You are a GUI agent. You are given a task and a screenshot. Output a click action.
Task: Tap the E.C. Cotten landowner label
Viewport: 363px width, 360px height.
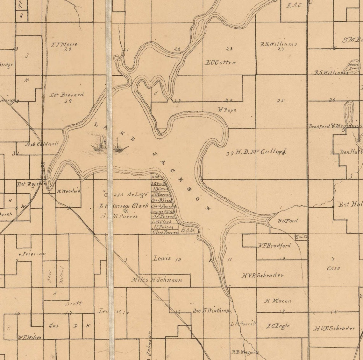[221, 63]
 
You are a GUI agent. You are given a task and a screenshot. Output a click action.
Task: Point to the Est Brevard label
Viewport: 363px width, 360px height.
[67, 95]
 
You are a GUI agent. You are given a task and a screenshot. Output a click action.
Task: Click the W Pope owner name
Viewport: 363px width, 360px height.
[227, 110]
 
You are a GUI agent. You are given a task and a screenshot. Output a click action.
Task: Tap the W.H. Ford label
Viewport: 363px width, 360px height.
[288, 221]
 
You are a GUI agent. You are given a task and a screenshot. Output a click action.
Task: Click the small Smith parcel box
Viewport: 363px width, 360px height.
[301, 237]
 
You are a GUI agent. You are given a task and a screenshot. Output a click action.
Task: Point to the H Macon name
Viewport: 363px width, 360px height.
[278, 301]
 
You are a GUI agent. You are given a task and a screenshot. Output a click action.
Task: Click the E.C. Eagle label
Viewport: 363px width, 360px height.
[278, 326]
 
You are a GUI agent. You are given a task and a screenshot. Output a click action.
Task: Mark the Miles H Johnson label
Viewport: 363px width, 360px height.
[157, 280]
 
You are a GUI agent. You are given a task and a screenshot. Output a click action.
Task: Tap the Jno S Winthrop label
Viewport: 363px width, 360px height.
[211, 311]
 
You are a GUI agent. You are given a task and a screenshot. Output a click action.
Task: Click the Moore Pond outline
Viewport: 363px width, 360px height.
[353, 66]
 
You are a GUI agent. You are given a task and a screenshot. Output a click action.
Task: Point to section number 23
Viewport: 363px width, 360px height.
[229, 49]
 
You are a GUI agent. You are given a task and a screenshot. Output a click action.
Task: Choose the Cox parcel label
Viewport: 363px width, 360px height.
[54, 326]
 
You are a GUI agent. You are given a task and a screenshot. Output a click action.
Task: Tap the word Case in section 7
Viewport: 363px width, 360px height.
[333, 268]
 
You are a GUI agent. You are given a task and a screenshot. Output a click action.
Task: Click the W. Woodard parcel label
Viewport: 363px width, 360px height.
[68, 191]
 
